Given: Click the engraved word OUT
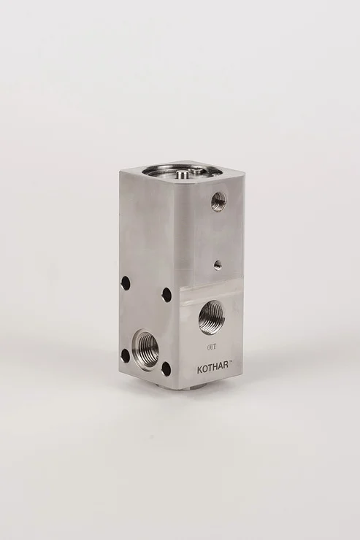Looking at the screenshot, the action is pyautogui.click(x=210, y=347).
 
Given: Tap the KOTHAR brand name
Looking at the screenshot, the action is pyautogui.click(x=212, y=369).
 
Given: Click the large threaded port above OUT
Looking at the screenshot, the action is pyautogui.click(x=212, y=317).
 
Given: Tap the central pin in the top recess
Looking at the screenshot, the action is pyautogui.click(x=181, y=174).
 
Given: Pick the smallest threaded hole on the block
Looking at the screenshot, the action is pyautogui.click(x=218, y=265).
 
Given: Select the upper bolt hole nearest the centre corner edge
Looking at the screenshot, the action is pyautogui.click(x=167, y=294).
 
